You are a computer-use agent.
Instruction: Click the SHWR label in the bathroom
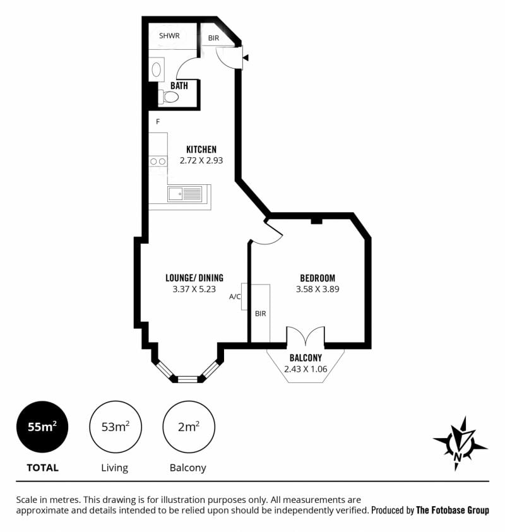coord(169,35)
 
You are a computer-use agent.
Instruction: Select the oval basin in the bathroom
coord(157,69)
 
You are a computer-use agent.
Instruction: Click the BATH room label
coord(179,85)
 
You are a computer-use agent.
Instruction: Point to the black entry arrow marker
coord(246,57)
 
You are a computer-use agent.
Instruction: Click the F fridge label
coord(158,121)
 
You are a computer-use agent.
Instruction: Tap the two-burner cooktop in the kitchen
coord(158,162)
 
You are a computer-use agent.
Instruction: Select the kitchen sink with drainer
coord(185,194)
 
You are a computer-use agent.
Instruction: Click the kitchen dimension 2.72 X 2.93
coord(201,160)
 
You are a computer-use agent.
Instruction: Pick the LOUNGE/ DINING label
coord(194,278)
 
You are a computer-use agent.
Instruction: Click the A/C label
coord(235,297)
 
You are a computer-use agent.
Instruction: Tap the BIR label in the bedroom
coord(260,314)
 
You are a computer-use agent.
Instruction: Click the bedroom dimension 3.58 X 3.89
coord(318,289)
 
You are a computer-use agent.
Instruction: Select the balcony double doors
coord(306,335)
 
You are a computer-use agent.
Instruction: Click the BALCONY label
coord(306,358)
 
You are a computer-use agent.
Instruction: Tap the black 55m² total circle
coord(42,427)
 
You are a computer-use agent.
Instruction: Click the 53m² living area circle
coord(116,427)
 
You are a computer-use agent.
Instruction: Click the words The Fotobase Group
coord(453,510)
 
